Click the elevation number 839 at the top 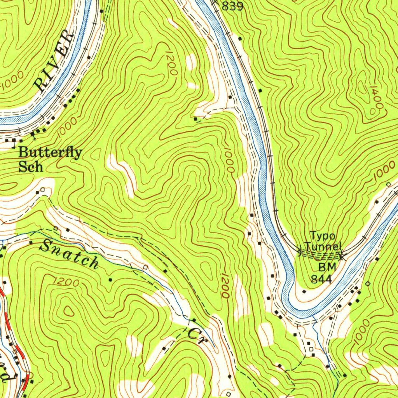tap(232, 7)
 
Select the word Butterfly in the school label tap(51, 153)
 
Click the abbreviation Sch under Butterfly tap(30, 167)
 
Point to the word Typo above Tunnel tap(322, 236)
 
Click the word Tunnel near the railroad tap(323, 246)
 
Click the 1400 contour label tap(375, 99)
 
